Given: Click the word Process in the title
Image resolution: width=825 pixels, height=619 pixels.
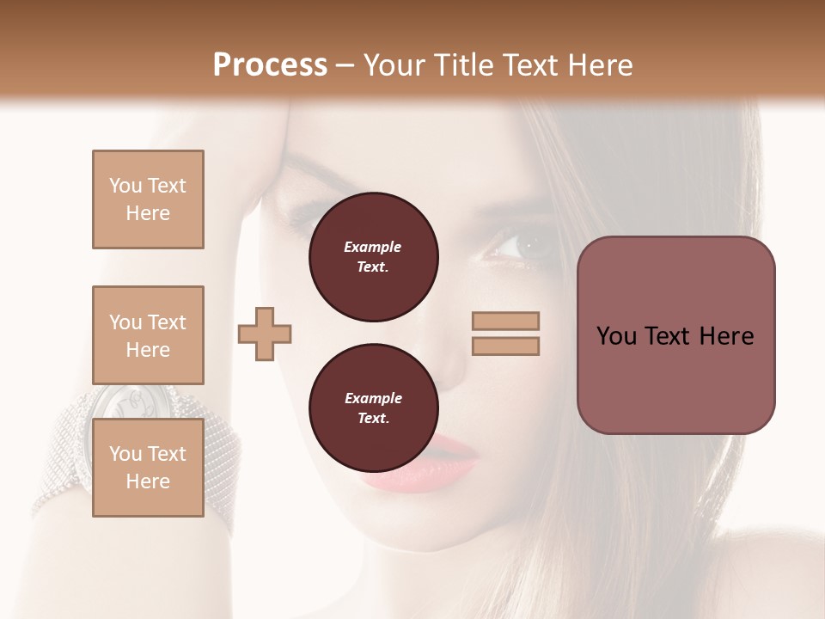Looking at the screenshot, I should pyautogui.click(x=270, y=65).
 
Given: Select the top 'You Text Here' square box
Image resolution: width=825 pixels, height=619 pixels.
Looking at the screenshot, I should pyautogui.click(x=148, y=199).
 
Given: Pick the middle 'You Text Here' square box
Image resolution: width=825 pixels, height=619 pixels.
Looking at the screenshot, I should pyautogui.click(x=148, y=335).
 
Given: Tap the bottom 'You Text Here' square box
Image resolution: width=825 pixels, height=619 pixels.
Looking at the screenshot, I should pyautogui.click(x=148, y=468).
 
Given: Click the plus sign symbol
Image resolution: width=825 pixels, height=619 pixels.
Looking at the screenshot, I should pyautogui.click(x=265, y=334).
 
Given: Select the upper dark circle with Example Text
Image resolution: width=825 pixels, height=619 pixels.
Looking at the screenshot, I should pyautogui.click(x=373, y=256).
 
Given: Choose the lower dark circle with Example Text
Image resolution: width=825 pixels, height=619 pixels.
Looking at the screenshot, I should pyautogui.click(x=373, y=408).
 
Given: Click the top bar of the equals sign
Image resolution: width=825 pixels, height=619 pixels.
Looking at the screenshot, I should pyautogui.click(x=505, y=321).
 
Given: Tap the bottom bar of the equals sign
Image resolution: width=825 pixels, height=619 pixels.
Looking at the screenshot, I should pyautogui.click(x=505, y=346).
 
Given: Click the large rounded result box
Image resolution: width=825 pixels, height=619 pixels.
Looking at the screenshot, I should pyautogui.click(x=675, y=335).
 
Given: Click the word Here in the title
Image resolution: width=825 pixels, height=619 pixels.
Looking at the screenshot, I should pyautogui.click(x=599, y=65).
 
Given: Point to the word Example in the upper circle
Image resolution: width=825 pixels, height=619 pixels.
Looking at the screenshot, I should pyautogui.click(x=373, y=247).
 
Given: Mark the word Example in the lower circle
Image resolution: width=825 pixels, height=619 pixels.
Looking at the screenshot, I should pyautogui.click(x=373, y=398).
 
